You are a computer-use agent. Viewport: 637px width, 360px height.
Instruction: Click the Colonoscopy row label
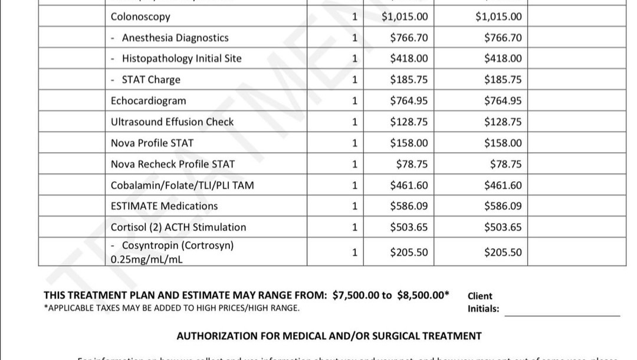(x=140, y=17)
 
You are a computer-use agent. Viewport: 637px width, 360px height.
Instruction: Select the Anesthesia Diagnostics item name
(x=175, y=38)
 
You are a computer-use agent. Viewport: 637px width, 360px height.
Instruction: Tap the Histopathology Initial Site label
(x=181, y=58)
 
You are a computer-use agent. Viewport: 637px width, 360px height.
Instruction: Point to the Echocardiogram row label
(x=148, y=101)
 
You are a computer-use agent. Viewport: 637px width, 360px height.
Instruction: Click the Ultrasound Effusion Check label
(x=172, y=122)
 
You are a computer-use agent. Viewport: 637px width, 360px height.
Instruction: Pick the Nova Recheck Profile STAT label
(x=173, y=164)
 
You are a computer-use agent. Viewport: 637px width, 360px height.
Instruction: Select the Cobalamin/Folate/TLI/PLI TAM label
(x=182, y=185)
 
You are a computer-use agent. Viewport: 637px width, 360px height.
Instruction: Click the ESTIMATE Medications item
(x=164, y=206)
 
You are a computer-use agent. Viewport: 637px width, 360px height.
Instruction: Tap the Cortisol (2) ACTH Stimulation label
(x=178, y=227)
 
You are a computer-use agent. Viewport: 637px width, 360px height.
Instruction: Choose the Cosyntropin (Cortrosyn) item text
(x=177, y=246)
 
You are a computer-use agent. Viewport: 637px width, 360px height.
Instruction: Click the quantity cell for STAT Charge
(x=354, y=80)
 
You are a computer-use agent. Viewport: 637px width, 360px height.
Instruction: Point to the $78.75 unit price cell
(x=412, y=164)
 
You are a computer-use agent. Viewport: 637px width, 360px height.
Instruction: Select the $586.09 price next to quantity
(x=409, y=206)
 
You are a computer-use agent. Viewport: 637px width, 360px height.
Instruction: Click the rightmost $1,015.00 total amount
(x=498, y=17)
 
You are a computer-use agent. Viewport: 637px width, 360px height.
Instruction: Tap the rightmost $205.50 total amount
(x=503, y=253)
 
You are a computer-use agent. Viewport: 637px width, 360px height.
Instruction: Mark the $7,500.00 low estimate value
(x=356, y=295)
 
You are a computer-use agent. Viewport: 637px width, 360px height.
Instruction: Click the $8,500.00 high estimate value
(x=421, y=295)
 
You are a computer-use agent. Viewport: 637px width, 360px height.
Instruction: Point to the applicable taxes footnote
(x=171, y=307)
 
